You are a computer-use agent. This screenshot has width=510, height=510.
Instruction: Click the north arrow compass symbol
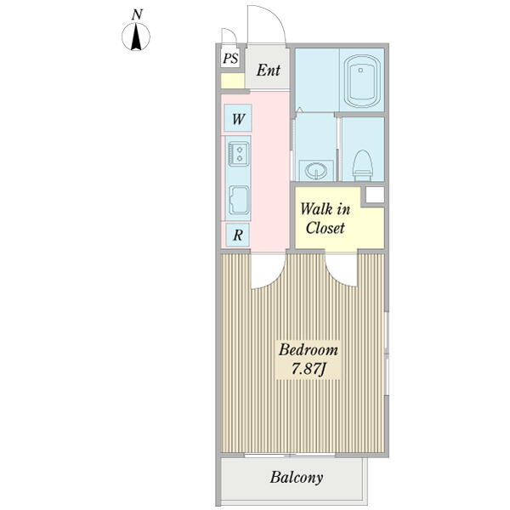click(x=137, y=37)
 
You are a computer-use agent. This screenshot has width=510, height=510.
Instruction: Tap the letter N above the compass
click(x=137, y=14)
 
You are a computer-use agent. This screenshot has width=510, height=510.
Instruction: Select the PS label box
click(x=230, y=59)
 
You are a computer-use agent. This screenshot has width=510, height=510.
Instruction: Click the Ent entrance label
click(x=268, y=70)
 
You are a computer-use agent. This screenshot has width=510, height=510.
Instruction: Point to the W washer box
click(x=238, y=119)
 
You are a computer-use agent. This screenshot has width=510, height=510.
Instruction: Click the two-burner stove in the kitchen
click(x=238, y=155)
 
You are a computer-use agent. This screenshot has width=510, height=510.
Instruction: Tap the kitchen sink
click(x=238, y=201)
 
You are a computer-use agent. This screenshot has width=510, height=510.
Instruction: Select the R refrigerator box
click(x=238, y=235)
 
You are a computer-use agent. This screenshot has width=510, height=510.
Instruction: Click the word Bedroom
click(x=309, y=349)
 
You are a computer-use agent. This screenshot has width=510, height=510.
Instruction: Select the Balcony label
click(x=297, y=478)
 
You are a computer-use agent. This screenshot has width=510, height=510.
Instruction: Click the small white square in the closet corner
click(x=374, y=195)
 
